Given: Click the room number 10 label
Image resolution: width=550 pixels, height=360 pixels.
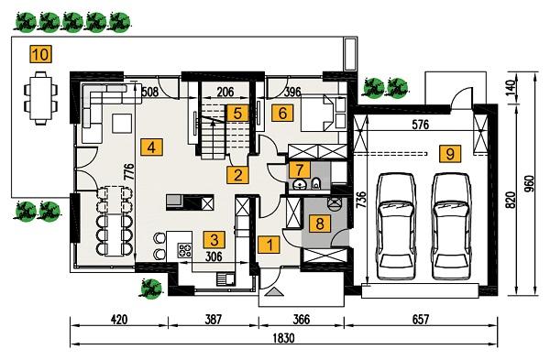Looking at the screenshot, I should click(39, 54).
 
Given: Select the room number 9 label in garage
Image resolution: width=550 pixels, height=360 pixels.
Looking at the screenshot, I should click(449, 153).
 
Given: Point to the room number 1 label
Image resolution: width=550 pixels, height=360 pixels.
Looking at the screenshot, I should click(269, 245).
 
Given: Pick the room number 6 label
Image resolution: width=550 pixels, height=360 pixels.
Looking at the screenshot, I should click(281, 114).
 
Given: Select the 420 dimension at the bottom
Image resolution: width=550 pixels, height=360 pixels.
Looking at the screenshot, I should click(118, 322).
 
